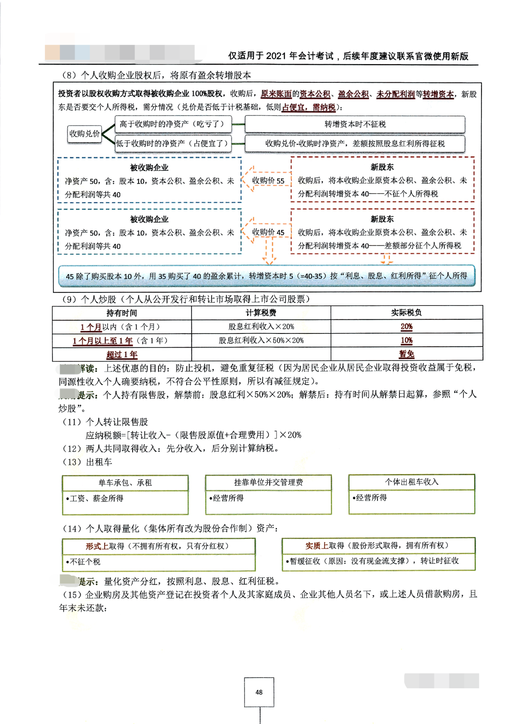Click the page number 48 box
(x=259, y=692)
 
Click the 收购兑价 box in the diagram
(x=85, y=133)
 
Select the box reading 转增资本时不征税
(x=355, y=124)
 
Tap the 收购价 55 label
(x=268, y=181)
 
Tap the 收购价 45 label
(x=268, y=232)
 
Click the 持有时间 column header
(x=121, y=313)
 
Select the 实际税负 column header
(x=406, y=313)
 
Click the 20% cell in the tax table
(x=406, y=326)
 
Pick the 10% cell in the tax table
(x=406, y=340)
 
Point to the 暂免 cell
(x=406, y=354)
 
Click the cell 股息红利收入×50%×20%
(x=261, y=340)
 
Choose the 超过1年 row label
(x=121, y=354)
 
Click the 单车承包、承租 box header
(x=125, y=483)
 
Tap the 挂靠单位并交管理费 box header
(x=268, y=482)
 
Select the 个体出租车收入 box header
(x=411, y=482)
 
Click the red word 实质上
(x=317, y=546)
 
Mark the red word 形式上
(x=97, y=546)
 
